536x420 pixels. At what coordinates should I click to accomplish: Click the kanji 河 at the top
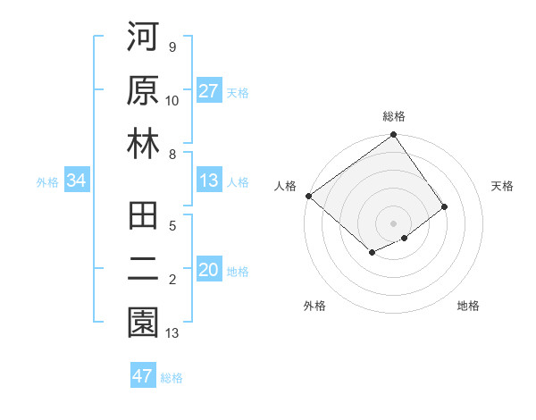tap(143, 39)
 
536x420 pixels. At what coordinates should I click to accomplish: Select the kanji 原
tap(143, 91)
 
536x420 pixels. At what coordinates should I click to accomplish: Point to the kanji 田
tap(143, 217)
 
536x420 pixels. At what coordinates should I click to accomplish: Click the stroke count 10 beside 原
tap(172, 101)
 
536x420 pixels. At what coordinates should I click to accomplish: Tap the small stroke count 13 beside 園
tap(172, 333)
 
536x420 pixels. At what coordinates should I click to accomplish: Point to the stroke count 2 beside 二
tap(172, 280)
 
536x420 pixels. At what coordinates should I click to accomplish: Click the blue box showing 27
tap(209, 91)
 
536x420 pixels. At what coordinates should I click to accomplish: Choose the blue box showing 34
tap(76, 181)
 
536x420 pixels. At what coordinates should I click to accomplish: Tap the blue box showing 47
tap(143, 376)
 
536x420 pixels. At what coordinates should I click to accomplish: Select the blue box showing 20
tap(209, 271)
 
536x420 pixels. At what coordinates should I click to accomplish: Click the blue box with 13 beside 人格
tap(209, 181)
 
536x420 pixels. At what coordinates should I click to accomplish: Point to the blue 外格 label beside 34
tap(47, 182)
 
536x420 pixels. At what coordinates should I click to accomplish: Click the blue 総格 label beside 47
tap(172, 378)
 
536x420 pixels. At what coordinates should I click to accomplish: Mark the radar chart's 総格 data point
tap(393, 136)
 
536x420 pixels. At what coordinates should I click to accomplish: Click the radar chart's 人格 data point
tap(308, 196)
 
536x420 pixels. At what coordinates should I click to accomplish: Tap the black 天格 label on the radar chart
tap(502, 186)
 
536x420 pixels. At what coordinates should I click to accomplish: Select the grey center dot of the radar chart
tap(393, 223)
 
